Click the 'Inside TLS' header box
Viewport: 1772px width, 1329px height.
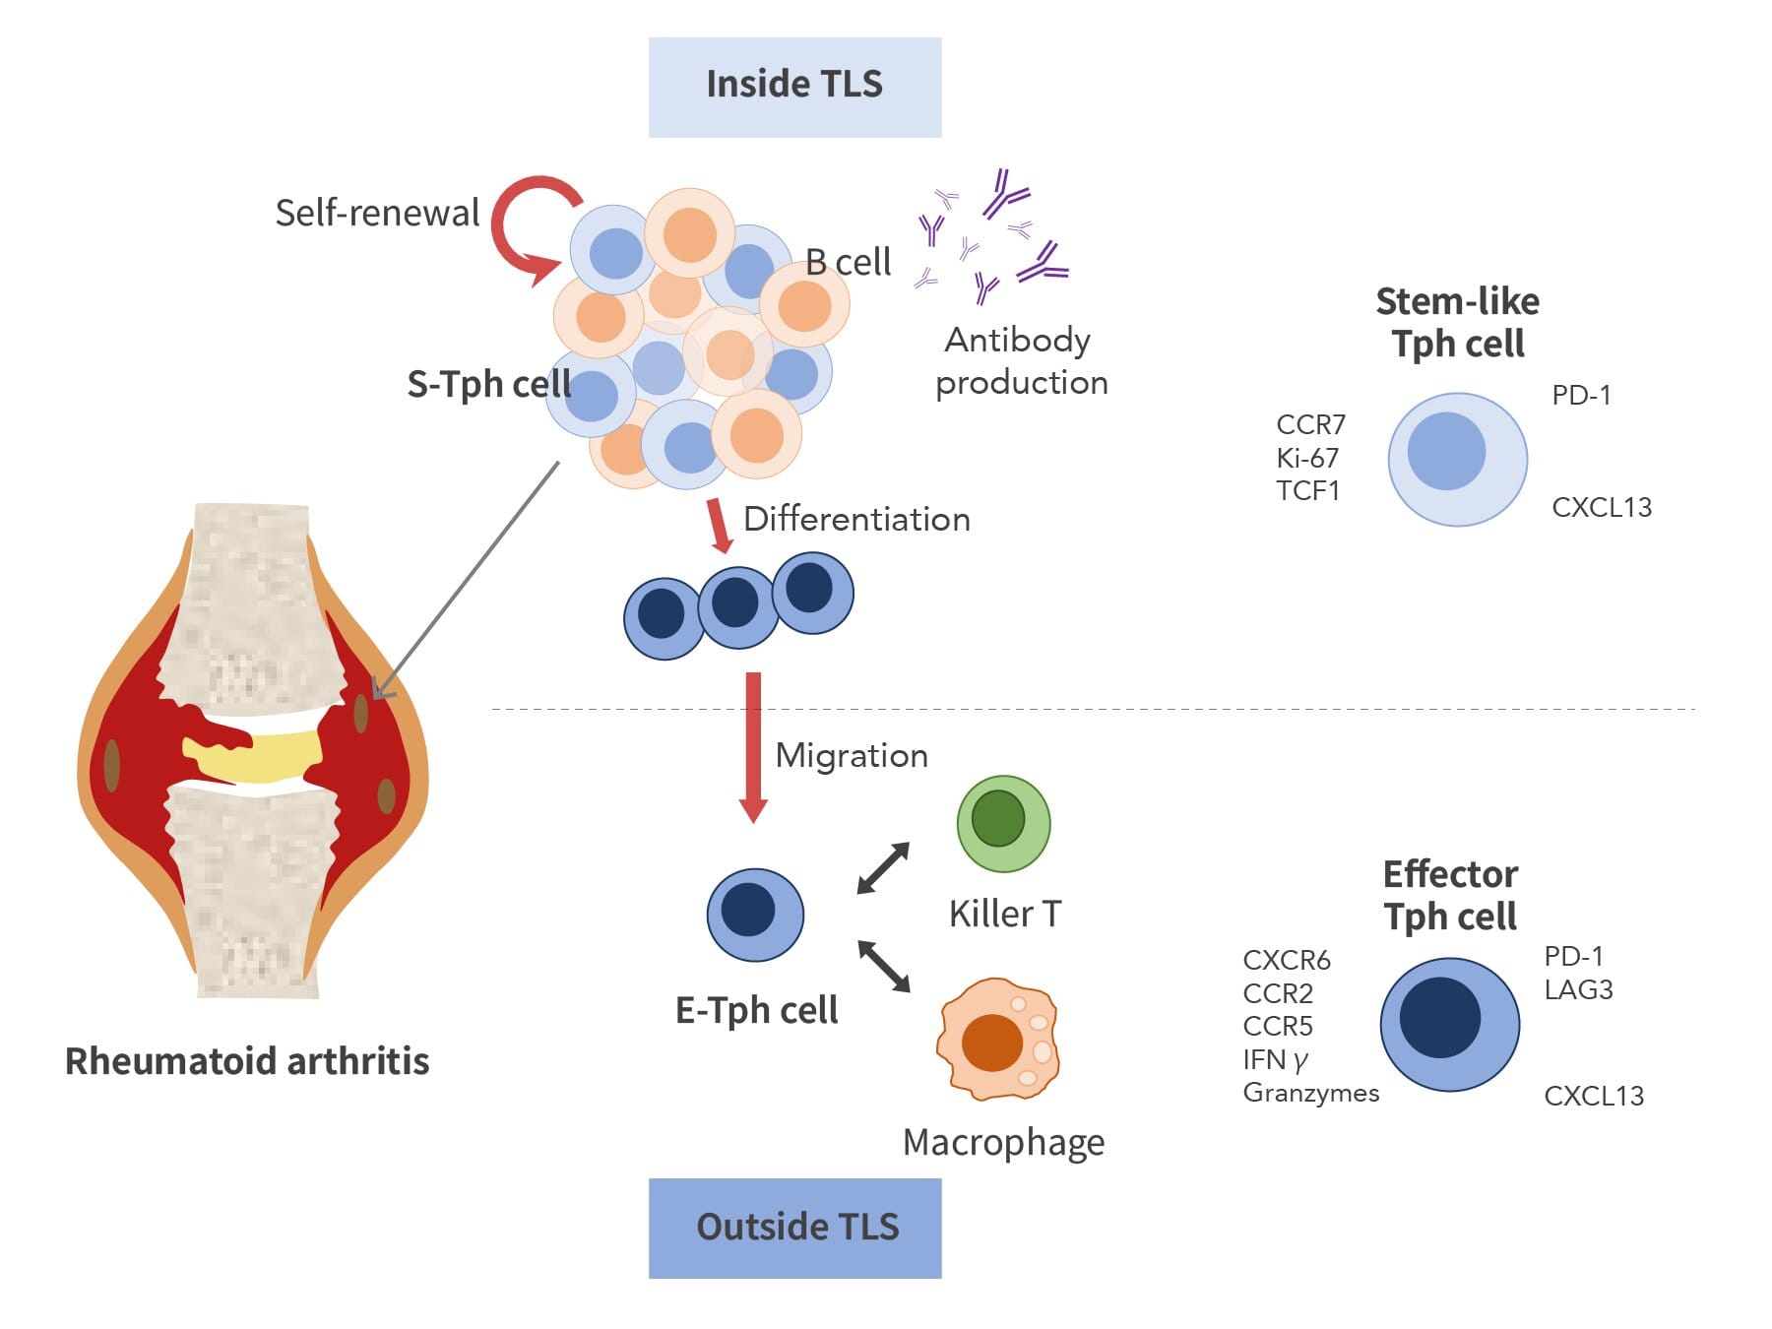(794, 87)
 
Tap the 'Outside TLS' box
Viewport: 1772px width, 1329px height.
(794, 1228)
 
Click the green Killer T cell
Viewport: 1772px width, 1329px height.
(1003, 823)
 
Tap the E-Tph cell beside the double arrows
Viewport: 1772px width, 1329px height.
(755, 914)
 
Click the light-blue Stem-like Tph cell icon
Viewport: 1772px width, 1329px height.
(1457, 459)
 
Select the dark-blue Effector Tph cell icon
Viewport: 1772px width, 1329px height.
(1449, 1024)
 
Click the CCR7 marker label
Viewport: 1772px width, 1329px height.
(1310, 424)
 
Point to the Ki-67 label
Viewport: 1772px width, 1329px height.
(1307, 458)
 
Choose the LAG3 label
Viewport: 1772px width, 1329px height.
(1578, 989)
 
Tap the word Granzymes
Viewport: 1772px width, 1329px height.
(1310, 1093)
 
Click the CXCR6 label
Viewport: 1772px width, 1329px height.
(1286, 960)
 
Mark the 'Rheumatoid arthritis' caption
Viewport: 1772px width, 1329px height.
(247, 1061)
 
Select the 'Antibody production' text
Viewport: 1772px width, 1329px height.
(1021, 360)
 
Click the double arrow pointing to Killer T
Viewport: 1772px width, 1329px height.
(883, 867)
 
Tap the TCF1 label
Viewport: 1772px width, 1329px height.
(1307, 490)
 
